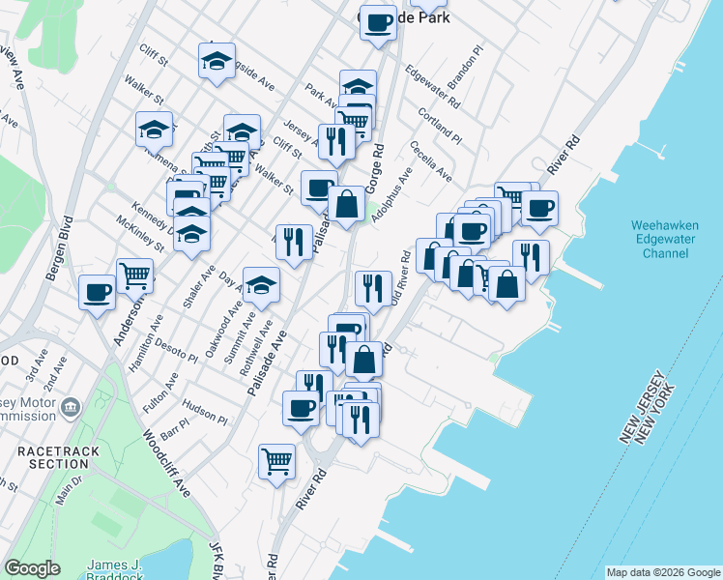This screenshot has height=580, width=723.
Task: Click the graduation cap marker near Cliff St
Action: pyautogui.click(x=217, y=60)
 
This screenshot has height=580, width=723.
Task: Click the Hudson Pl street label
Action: pyautogui.click(x=204, y=413)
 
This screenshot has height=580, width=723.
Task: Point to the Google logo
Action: pyautogui.click(x=33, y=568)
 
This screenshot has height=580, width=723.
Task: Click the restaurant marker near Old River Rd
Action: pyautogui.click(x=372, y=287)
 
